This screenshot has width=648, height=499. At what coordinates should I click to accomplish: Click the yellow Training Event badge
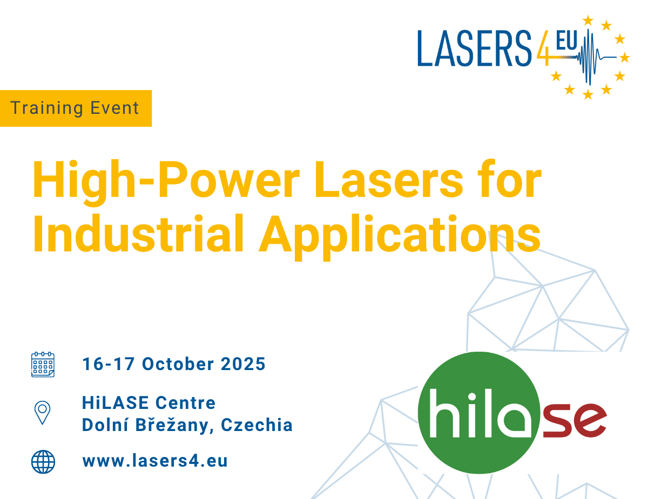point(76,108)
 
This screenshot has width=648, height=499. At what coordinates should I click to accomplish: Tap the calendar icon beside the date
point(43,364)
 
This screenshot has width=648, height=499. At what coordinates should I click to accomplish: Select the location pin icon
point(43,413)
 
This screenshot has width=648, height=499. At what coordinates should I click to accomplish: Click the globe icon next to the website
point(43,461)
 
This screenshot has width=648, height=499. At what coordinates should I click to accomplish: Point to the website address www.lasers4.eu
point(155,461)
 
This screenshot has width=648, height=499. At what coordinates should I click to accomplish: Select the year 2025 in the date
point(243,364)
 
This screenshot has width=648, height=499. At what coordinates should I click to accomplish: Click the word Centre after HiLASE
point(186,402)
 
